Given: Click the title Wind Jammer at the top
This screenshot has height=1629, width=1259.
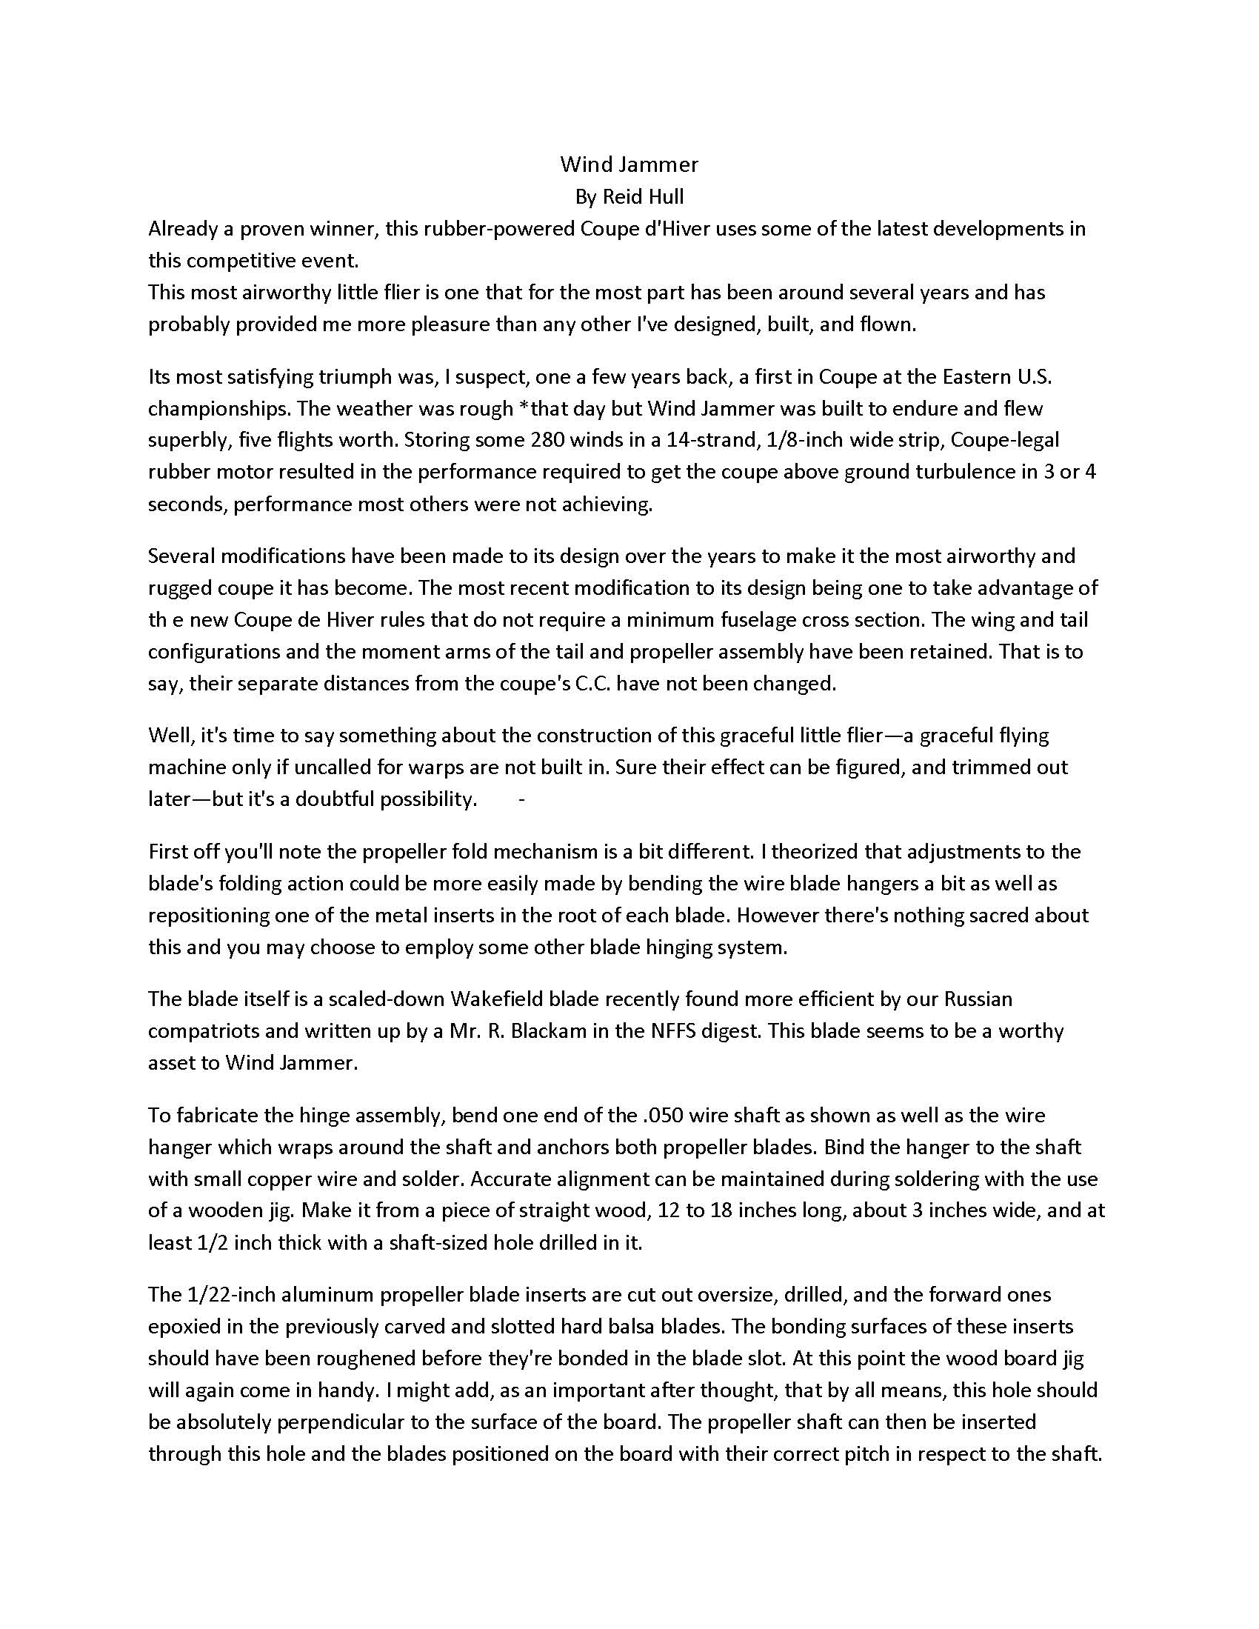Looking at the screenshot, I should pyautogui.click(x=629, y=164).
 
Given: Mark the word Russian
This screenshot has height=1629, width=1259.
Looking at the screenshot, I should pyautogui.click(x=978, y=998).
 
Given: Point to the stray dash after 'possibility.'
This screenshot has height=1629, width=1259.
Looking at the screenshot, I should pyautogui.click(x=521, y=799).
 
